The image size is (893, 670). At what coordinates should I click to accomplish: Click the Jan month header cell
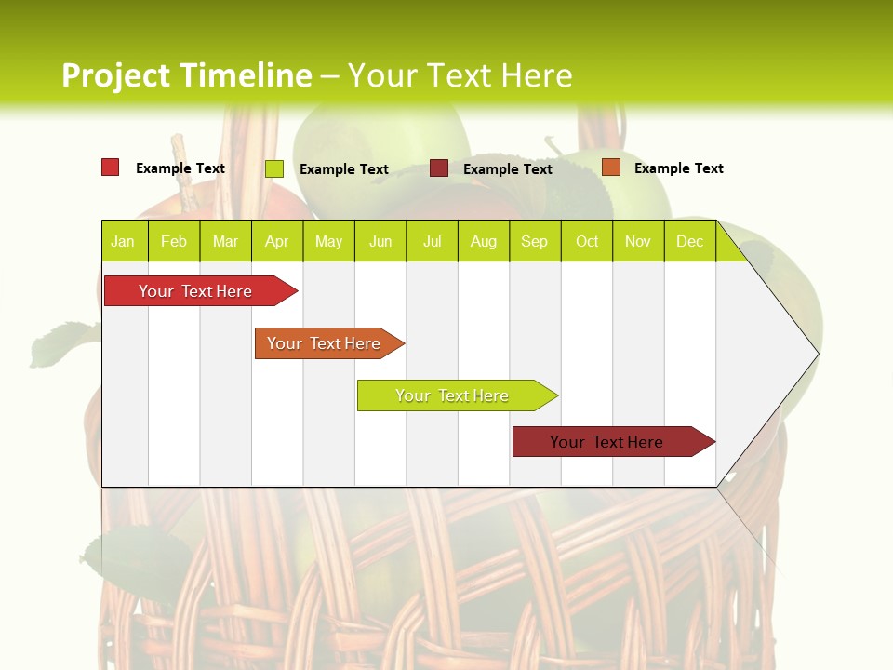tap(124, 241)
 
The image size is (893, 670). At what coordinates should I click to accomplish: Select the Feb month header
tap(174, 241)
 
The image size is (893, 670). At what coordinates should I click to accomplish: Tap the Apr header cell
tap(277, 241)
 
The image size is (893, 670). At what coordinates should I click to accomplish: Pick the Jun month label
tap(380, 241)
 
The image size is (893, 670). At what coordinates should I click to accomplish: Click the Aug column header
tap(484, 241)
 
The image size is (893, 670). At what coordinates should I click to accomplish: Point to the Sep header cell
tap(535, 241)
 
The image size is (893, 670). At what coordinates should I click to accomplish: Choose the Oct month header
tap(587, 241)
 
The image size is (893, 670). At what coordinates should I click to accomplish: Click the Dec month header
tap(690, 241)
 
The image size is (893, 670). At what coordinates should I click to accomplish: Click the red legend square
tap(111, 167)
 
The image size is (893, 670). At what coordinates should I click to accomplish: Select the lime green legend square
tap(274, 168)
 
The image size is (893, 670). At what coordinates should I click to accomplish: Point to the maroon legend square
tap(439, 168)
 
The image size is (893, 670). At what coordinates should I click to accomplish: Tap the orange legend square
tap(611, 167)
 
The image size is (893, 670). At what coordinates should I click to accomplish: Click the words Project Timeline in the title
tap(186, 75)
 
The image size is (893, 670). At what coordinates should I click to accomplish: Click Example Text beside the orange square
tap(678, 168)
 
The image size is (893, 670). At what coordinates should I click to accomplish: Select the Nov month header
tap(638, 241)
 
